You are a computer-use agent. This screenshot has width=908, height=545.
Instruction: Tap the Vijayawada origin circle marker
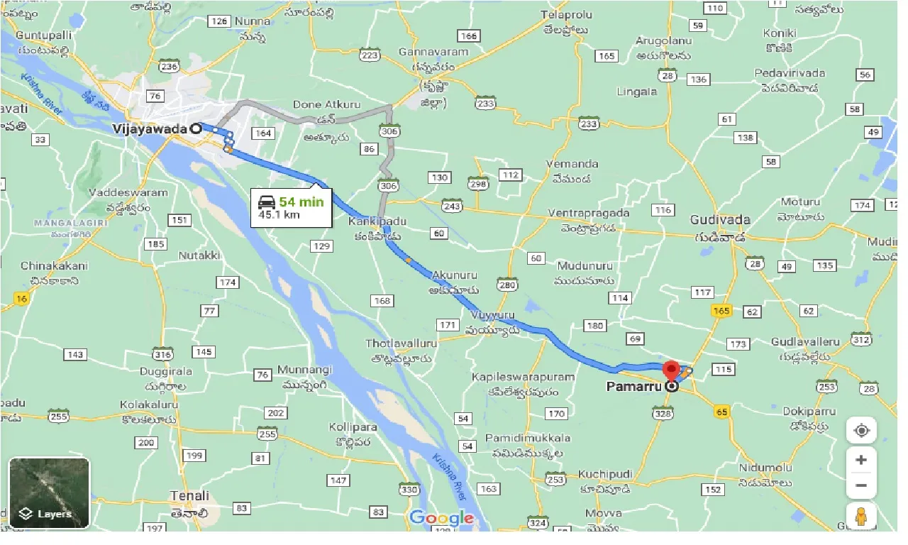pos(195,128)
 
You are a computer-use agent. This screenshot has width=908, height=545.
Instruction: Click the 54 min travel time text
pos(301,202)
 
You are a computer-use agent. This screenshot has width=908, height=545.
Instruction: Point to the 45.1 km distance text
pos(279,214)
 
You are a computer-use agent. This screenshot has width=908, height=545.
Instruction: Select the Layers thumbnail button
pos(50,492)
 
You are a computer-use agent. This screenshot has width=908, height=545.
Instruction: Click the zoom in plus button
pos(861,460)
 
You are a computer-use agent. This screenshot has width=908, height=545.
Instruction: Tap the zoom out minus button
pos(861,486)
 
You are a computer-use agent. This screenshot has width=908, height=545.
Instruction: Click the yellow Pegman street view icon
pos(862,517)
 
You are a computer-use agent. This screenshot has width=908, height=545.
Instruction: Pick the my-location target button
pos(861,431)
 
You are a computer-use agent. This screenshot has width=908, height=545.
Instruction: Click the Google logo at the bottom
pos(441,518)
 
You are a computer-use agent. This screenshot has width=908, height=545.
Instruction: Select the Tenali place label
pos(189,496)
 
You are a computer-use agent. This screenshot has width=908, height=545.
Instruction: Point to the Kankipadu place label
pos(377,221)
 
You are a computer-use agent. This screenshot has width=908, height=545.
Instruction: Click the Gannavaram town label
pos(433,53)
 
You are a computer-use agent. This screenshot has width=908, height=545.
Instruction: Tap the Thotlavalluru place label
pos(401,343)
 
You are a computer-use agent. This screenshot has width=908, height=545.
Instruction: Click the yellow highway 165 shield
pos(722,311)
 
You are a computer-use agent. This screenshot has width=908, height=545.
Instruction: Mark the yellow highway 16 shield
pos(22,299)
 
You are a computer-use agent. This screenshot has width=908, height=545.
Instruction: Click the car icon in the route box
pos(267,202)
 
